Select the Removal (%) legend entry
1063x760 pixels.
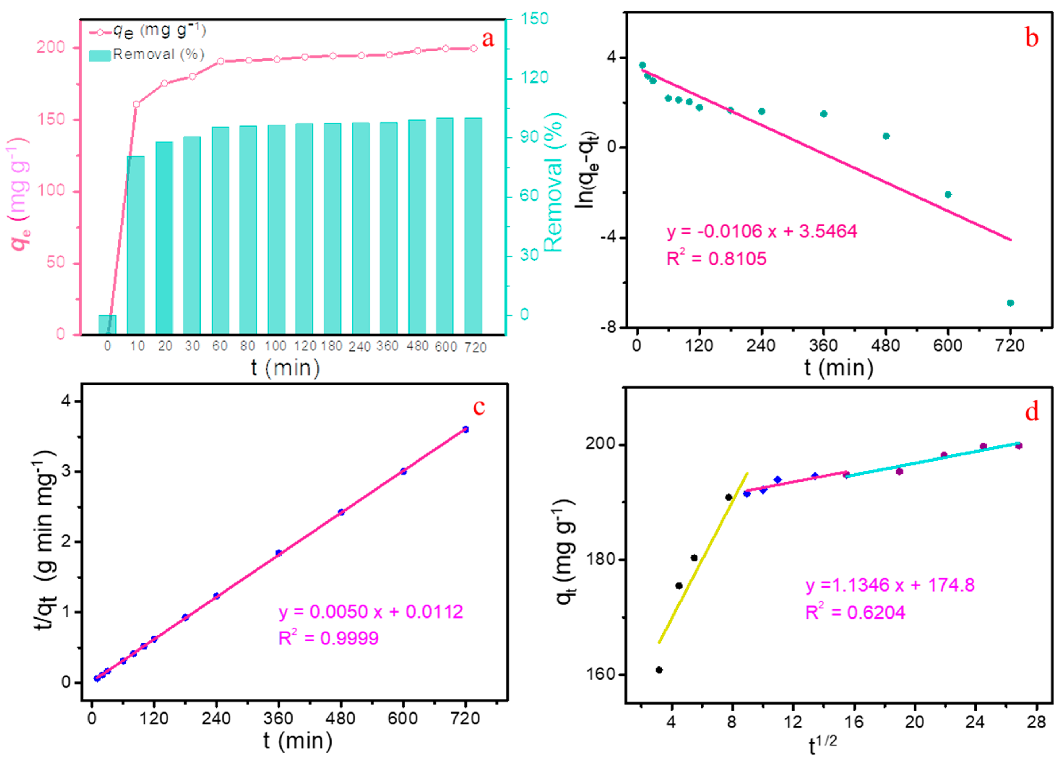(x=146, y=55)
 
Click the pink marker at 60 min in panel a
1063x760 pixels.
(x=220, y=61)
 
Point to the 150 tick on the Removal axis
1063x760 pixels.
(x=534, y=19)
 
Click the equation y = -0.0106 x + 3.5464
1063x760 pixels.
(x=761, y=231)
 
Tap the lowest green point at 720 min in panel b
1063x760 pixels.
(x=1010, y=303)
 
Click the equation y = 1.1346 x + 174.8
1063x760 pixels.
(x=890, y=585)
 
